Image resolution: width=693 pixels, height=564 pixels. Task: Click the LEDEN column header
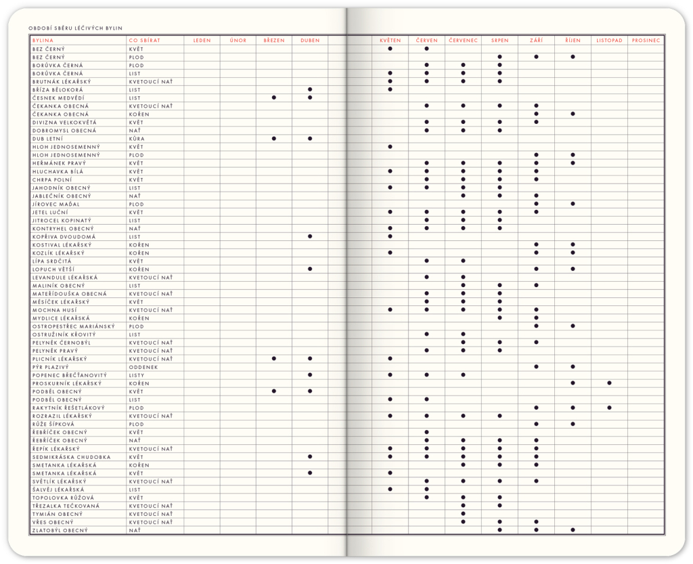202,41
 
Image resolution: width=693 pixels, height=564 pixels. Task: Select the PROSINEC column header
646,41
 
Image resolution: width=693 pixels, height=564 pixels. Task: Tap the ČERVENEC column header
463,41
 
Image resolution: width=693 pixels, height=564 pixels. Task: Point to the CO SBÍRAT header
144,41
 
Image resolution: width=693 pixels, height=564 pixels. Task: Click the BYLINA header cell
43,41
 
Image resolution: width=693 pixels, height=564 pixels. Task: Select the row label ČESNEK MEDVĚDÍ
59,97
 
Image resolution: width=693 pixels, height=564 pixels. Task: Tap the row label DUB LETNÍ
47,139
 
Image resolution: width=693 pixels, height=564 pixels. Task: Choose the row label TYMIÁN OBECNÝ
58,514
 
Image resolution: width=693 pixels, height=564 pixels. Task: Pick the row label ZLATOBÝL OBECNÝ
60,530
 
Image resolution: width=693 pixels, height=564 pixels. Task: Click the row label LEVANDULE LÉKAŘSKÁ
65,278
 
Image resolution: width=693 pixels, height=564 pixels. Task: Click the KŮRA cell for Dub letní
136,139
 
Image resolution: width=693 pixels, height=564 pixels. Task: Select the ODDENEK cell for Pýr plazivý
143,367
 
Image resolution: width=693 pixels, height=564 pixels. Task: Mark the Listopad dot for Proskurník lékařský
609,383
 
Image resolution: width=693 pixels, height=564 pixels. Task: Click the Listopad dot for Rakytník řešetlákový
609,408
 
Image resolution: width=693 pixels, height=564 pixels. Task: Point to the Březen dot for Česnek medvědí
274,97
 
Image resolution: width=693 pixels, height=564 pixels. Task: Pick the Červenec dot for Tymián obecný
463,514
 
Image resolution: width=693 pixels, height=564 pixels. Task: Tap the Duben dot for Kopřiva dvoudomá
310,236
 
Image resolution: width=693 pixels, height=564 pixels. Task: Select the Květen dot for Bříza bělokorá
390,89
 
